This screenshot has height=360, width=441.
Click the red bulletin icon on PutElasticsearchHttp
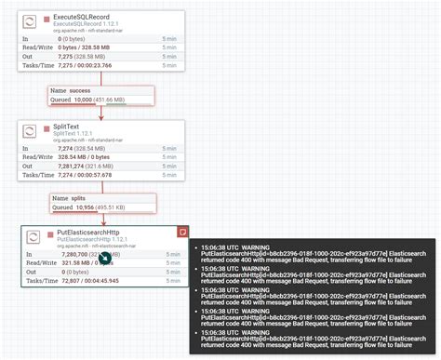(181, 229)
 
